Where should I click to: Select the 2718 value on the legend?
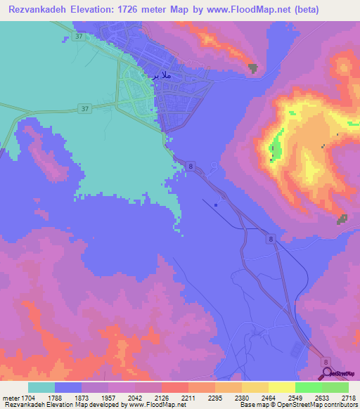348,397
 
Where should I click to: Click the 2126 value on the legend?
161,397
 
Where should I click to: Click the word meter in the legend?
9,397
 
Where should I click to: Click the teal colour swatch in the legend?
41,387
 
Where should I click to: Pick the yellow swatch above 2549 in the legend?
281,387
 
